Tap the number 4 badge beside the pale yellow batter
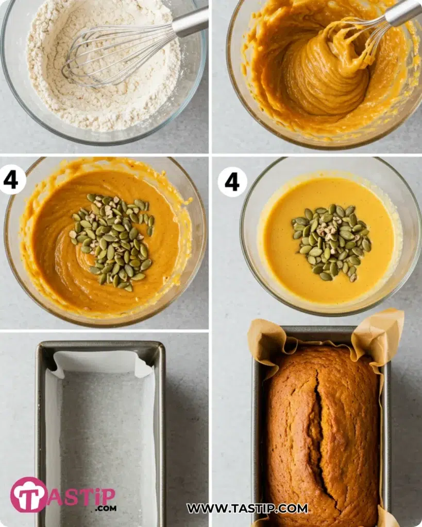tap(232, 182)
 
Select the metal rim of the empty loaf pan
tap(100, 346)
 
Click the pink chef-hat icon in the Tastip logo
tap(29, 495)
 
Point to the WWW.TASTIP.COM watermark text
tap(247, 508)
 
